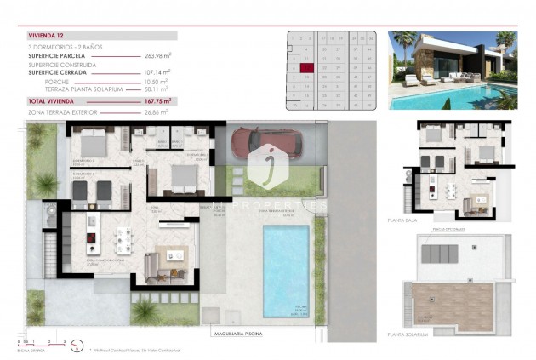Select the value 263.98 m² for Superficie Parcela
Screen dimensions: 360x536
[x=157, y=56]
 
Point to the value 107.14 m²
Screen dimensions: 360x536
[x=157, y=72]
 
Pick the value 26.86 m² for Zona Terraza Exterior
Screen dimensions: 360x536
[x=157, y=111]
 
